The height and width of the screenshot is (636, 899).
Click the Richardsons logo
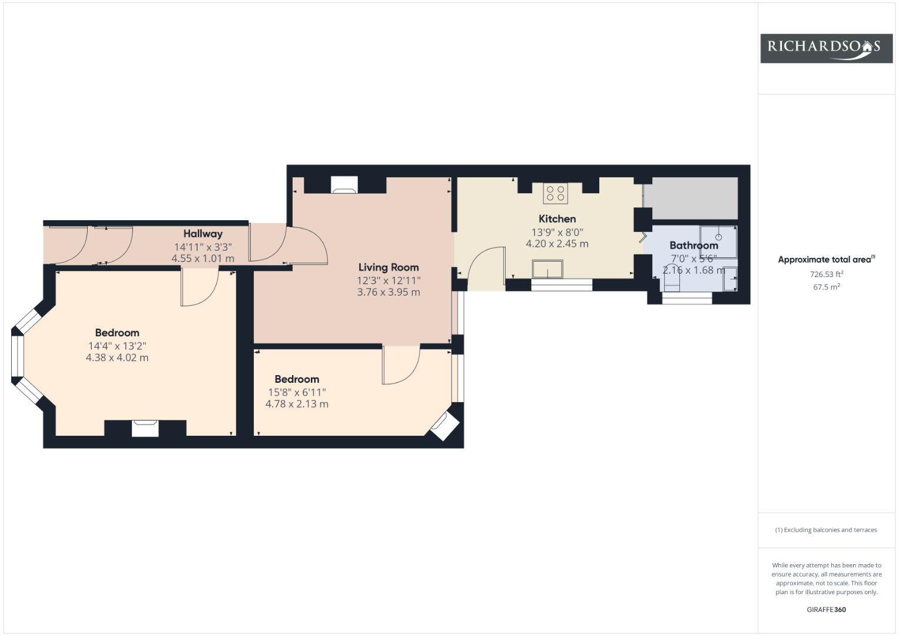pyautogui.click(x=827, y=48)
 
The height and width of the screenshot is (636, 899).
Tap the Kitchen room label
pyautogui.click(x=557, y=219)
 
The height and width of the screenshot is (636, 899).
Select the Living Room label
pyautogui.click(x=389, y=267)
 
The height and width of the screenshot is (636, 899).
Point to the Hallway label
pyautogui.click(x=203, y=234)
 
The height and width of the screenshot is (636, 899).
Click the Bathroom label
pyautogui.click(x=694, y=246)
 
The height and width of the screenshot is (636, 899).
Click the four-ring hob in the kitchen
pyautogui.click(x=556, y=193)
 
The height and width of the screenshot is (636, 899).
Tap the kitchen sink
pyautogui.click(x=548, y=269)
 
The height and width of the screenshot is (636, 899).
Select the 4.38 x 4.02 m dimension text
pyautogui.click(x=117, y=358)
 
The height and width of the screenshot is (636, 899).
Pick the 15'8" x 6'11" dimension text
pyautogui.click(x=297, y=392)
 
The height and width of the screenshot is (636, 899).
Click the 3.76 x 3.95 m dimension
pyautogui.click(x=389, y=292)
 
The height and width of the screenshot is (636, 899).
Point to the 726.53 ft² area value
pyautogui.click(x=827, y=274)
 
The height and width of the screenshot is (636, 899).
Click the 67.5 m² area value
pyautogui.click(x=827, y=287)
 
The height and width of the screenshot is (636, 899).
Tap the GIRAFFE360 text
pyautogui.click(x=827, y=609)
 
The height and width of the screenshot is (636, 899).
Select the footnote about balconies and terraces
pyautogui.click(x=827, y=530)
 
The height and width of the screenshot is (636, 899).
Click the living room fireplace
pyautogui.click(x=344, y=185)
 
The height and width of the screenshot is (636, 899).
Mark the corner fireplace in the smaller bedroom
pyautogui.click(x=444, y=426)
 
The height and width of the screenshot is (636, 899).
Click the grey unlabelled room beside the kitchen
pyautogui.click(x=691, y=198)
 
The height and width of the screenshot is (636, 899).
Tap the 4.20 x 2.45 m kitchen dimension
pyautogui.click(x=557, y=244)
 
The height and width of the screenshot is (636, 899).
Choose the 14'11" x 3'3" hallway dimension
pyautogui.click(x=203, y=247)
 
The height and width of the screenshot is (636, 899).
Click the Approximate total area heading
pyautogui.click(x=827, y=259)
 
